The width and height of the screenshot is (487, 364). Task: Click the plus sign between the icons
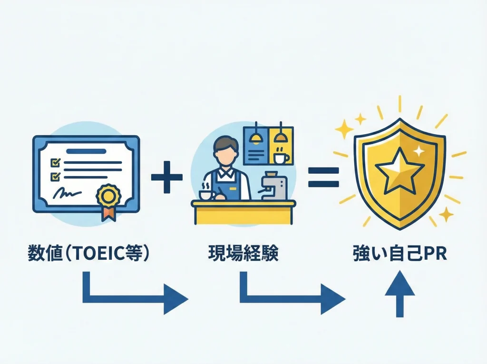pyautogui.click(x=167, y=177)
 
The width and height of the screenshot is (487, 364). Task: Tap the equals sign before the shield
pyautogui.click(x=323, y=177)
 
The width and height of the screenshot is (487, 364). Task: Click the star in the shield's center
pyautogui.click(x=399, y=171)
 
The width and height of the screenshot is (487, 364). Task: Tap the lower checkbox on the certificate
pyautogui.click(x=55, y=177)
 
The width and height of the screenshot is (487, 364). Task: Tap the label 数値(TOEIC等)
pyautogui.click(x=88, y=253)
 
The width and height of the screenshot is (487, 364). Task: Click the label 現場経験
pyautogui.click(x=243, y=253)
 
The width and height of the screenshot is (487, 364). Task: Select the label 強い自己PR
pyautogui.click(x=400, y=254)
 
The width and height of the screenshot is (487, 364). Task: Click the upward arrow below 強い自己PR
pyautogui.click(x=399, y=294)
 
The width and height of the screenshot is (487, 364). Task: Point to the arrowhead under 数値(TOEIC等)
pyautogui.click(x=176, y=299)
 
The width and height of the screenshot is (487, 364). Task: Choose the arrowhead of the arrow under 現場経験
pyautogui.click(x=333, y=299)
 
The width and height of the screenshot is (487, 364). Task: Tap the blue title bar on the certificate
pyautogui.click(x=87, y=151)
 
